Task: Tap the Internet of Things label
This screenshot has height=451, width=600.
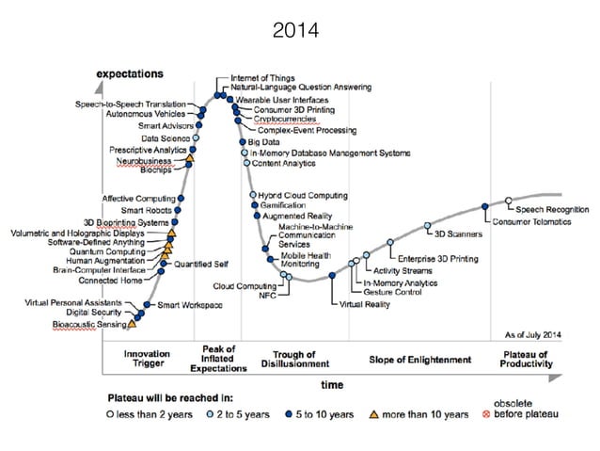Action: click(261, 77)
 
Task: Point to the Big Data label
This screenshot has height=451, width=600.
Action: click(263, 141)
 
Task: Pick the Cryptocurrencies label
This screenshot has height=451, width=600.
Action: click(289, 120)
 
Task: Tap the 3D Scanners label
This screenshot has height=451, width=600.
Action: click(456, 234)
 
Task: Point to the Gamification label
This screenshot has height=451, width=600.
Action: click(281, 204)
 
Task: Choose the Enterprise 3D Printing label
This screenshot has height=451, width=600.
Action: click(437, 258)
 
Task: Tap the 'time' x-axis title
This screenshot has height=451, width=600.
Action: click(332, 384)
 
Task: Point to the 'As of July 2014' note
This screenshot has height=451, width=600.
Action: click(532, 335)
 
